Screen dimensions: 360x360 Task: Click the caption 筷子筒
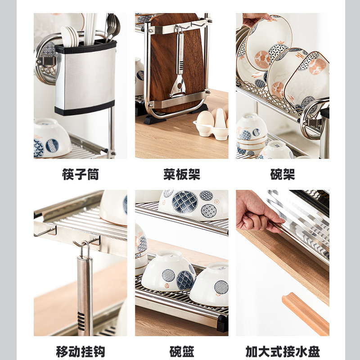coord(80,175)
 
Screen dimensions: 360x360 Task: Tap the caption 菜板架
coord(181,175)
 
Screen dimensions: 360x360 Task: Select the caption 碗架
coord(283,175)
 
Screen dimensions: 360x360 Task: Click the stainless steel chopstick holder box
coord(85,79)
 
